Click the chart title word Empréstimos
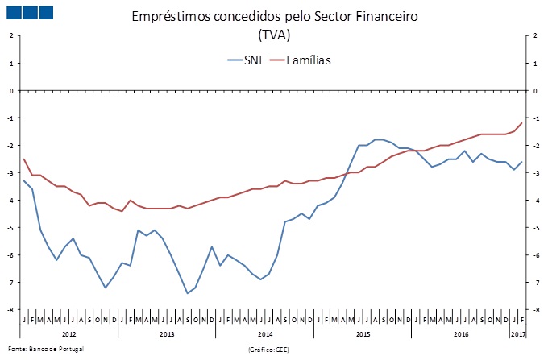point(172,17)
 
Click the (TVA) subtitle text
point(274,35)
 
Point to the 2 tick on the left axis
point(11,35)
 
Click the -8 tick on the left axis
point(10,309)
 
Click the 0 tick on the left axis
point(11,90)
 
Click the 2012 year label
point(69,333)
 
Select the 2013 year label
point(168,333)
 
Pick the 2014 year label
point(266,333)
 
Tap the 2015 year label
point(363,333)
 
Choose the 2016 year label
point(461,333)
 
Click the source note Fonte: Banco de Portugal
point(45,349)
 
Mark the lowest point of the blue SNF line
point(187,293)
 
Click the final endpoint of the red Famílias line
point(522,122)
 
